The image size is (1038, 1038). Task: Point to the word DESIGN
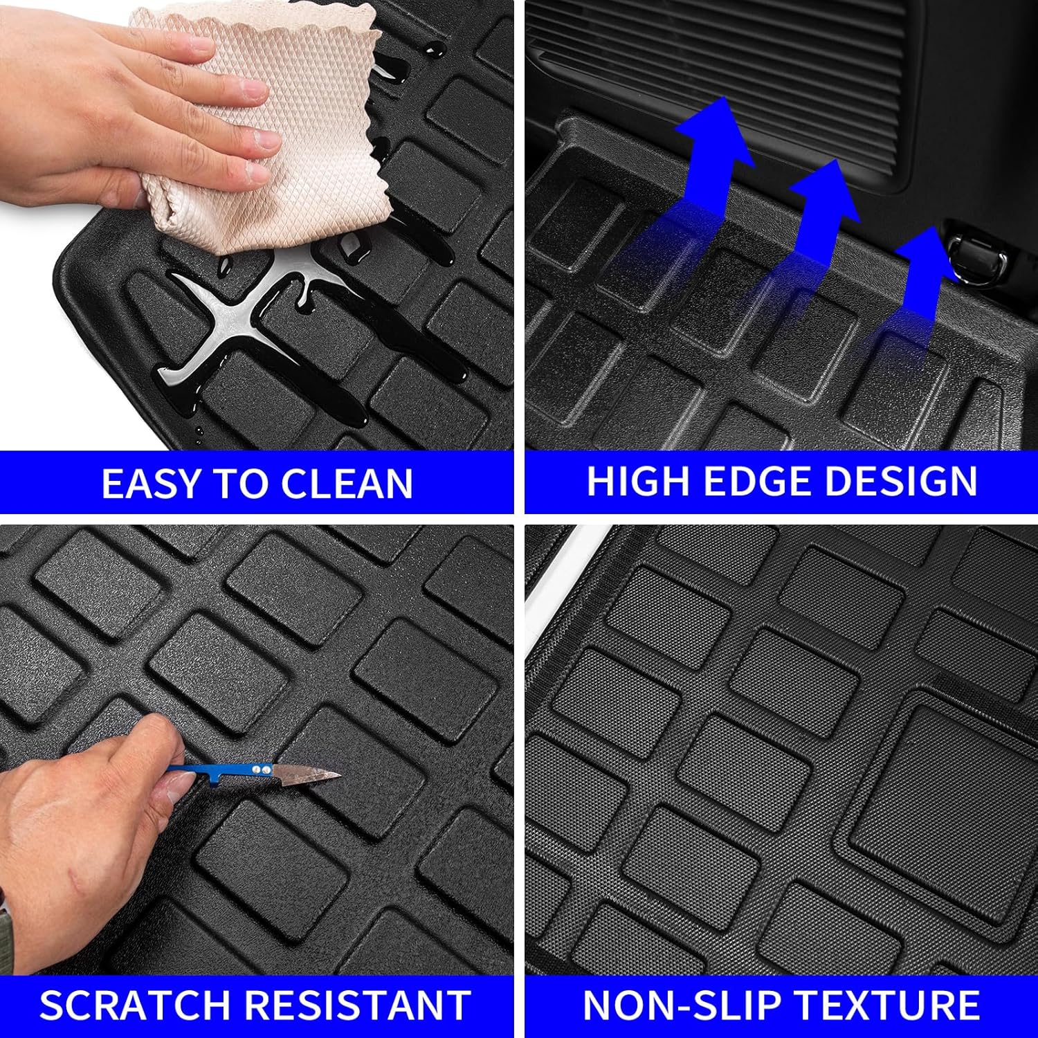click(901, 481)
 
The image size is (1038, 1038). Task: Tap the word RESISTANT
click(358, 1005)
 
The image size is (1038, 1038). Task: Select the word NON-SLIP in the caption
click(681, 1005)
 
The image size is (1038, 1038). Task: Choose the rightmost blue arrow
click(920, 277)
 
